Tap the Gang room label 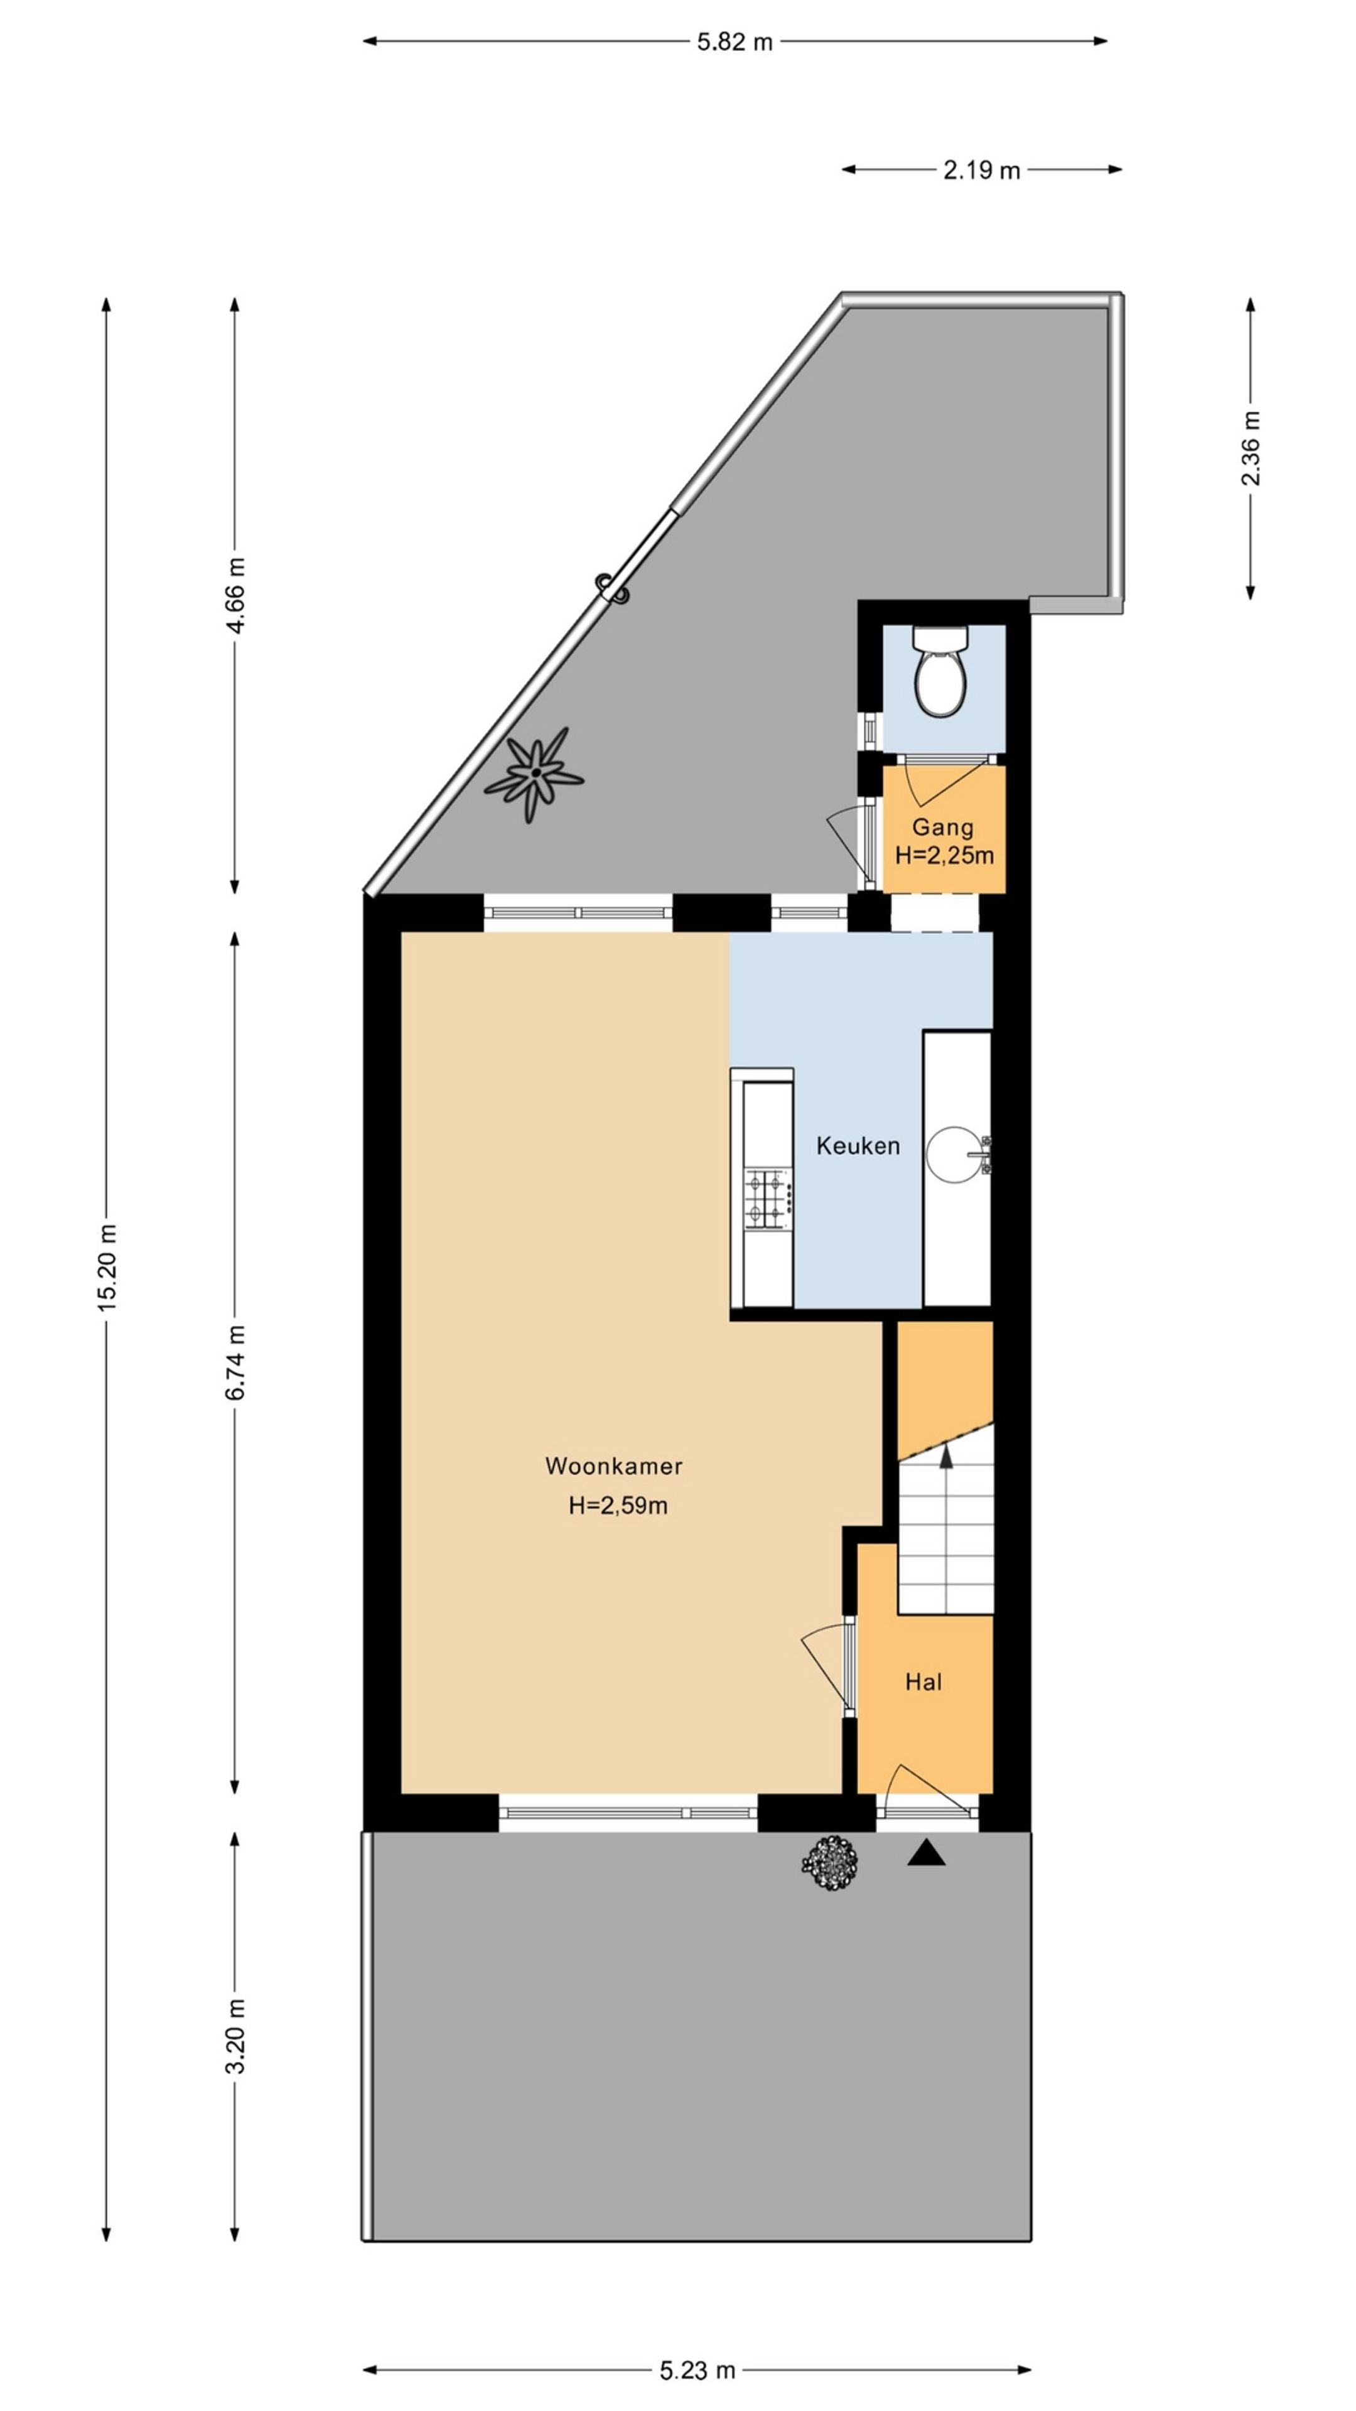point(942,826)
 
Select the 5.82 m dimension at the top point(734,42)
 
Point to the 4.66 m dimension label point(235,595)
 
